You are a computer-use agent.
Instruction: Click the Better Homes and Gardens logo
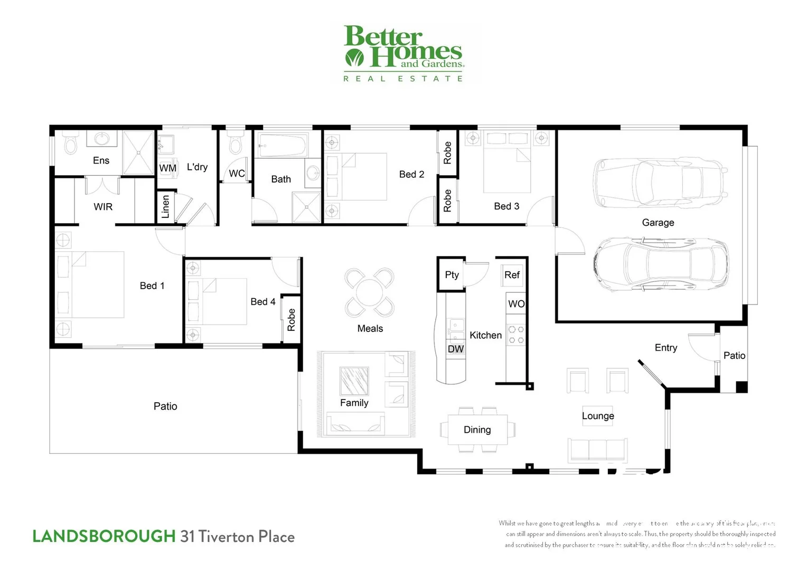403,53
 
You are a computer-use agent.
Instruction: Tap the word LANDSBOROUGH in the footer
104,536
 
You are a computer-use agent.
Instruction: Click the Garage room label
658,222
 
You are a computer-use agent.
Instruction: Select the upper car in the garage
660,183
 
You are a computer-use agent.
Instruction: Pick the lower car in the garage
660,263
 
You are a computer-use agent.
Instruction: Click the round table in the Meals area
369,292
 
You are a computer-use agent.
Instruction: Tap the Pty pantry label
452,274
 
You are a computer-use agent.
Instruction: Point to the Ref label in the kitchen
511,274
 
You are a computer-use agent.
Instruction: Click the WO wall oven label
516,303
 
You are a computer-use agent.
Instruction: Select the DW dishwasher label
455,349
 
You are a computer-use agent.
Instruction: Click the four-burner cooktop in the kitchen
515,335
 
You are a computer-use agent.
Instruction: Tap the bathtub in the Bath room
283,145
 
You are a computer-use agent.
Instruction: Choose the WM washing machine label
167,168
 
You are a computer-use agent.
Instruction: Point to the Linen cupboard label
165,206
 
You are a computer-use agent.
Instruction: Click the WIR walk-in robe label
103,206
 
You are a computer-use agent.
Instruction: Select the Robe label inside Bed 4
291,320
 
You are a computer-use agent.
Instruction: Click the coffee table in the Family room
354,381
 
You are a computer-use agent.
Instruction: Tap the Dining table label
477,430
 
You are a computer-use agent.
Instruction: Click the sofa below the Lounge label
597,450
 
